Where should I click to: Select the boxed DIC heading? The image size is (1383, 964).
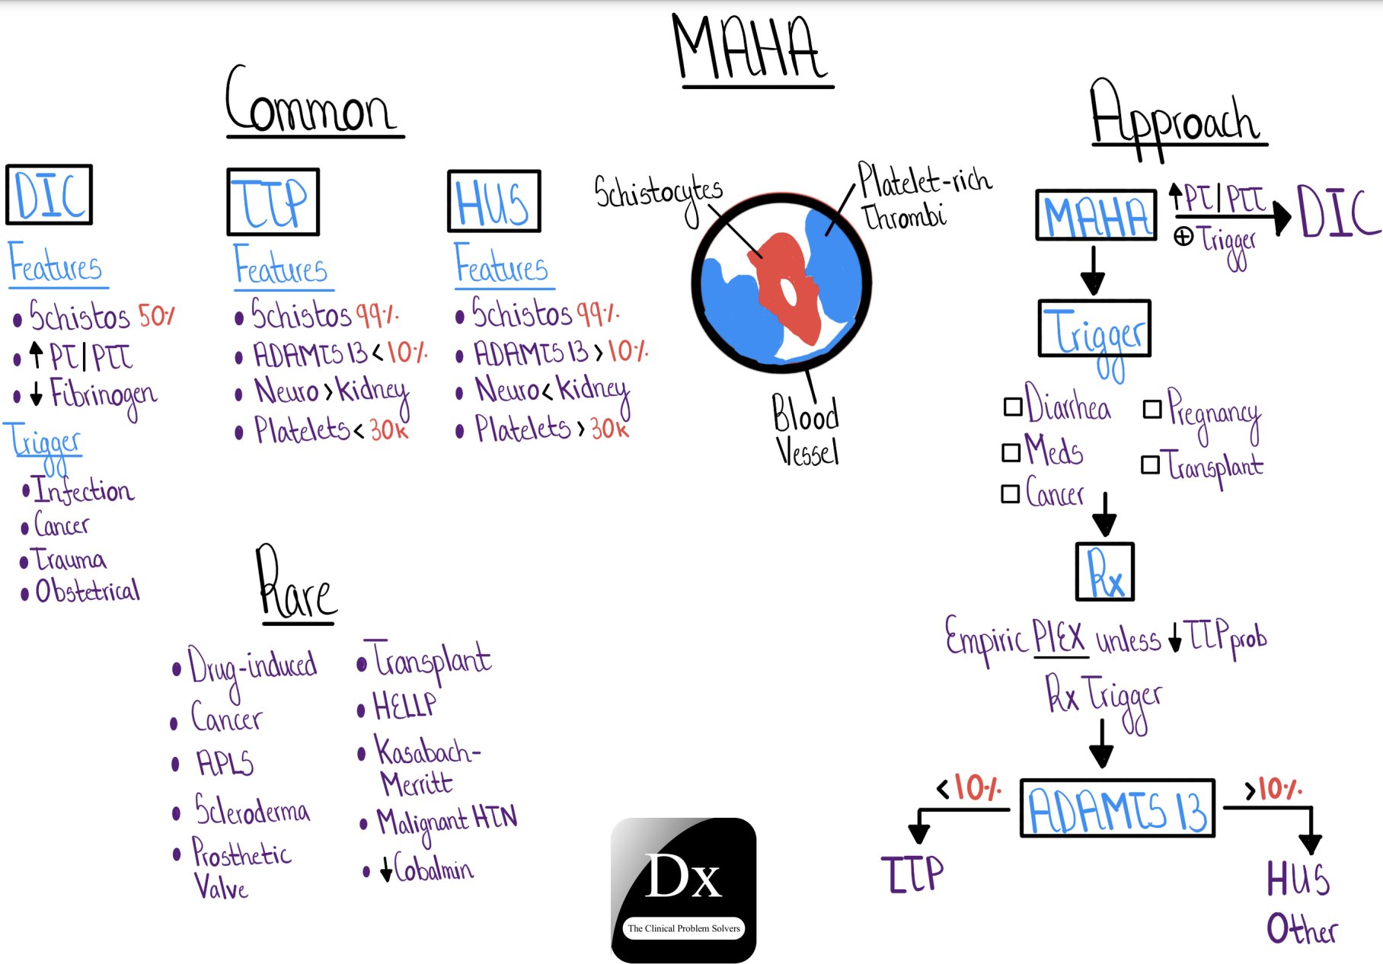tap(50, 195)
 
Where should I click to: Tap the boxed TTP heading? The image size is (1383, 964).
tap(273, 202)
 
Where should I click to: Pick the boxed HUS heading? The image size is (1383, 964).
tap(494, 201)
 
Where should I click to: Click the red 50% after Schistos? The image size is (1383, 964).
tap(157, 315)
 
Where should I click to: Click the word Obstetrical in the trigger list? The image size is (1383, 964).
tap(88, 590)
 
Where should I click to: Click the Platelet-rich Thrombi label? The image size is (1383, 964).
tap(925, 195)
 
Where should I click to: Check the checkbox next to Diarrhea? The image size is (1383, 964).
tap(1013, 407)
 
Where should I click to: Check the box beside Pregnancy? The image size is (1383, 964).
tap(1152, 409)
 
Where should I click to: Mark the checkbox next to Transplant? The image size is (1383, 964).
tap(1150, 464)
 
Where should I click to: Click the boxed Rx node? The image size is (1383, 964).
tap(1105, 572)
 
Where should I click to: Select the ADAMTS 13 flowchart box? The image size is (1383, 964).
tap(1117, 808)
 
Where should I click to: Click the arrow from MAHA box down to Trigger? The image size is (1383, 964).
tap(1093, 270)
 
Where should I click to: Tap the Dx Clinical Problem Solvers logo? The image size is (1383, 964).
tap(684, 890)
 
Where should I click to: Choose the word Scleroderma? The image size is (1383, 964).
tap(252, 809)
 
